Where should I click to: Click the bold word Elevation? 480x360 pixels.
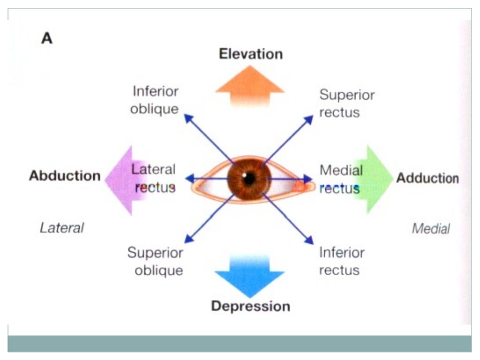click(x=251, y=53)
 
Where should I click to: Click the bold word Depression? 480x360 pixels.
click(x=250, y=307)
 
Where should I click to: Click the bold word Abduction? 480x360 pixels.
click(x=65, y=176)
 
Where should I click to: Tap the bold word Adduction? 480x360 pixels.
click(x=427, y=179)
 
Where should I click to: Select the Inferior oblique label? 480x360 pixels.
click(x=155, y=99)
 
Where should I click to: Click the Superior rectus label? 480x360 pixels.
click(x=346, y=104)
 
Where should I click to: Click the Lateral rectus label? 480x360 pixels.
click(x=154, y=178)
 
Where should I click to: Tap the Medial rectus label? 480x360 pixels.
click(x=340, y=179)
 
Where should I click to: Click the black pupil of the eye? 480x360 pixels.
click(x=249, y=178)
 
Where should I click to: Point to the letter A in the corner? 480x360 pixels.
click(x=47, y=38)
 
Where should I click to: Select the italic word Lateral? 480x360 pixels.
click(x=62, y=228)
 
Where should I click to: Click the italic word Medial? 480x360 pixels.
click(x=431, y=229)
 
